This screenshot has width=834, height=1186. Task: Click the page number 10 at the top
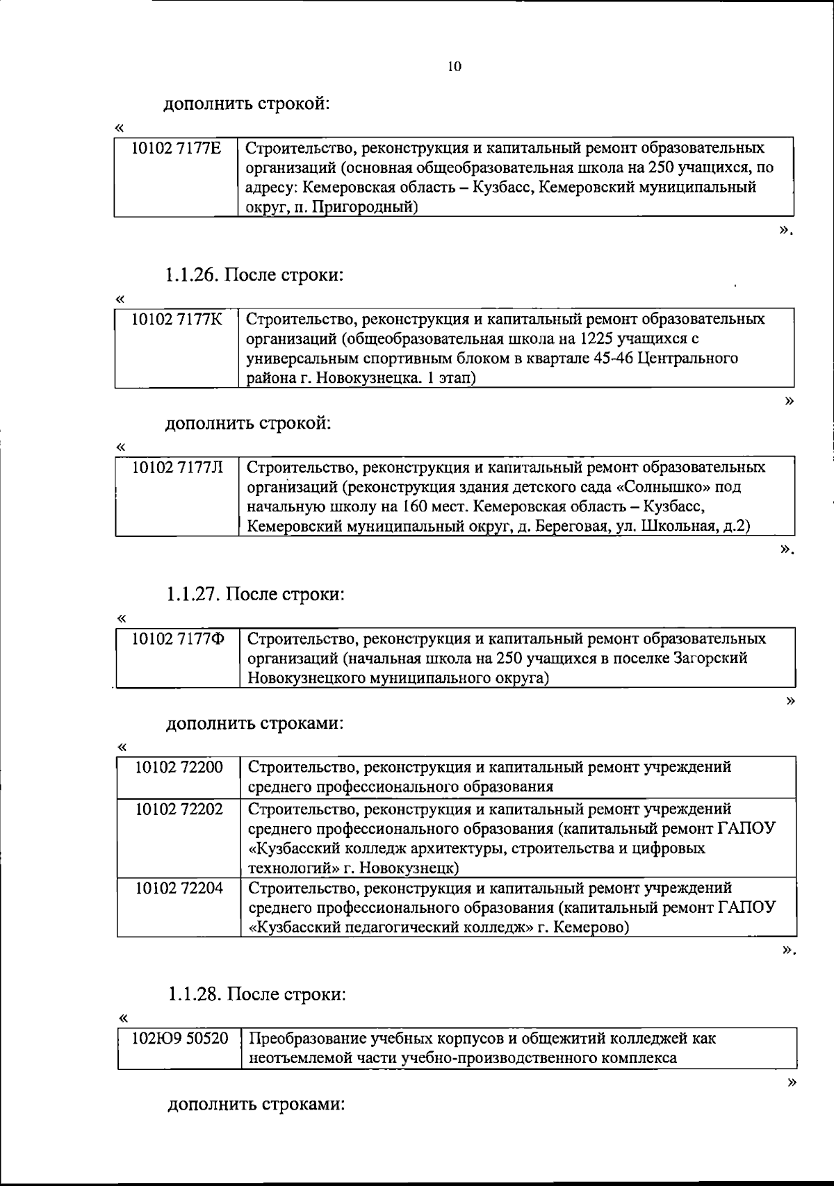455,67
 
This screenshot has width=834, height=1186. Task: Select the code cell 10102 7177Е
177,148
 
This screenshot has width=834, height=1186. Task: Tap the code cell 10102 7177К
177,319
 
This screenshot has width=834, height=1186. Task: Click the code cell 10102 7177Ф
179,638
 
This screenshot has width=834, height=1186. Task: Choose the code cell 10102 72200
179,767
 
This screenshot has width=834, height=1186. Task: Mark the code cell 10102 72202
179,809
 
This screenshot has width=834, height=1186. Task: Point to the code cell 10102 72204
179,888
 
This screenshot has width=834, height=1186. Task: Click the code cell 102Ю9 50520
180,1039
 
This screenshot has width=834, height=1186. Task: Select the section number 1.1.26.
191,275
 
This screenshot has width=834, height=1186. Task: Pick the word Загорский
712,658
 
